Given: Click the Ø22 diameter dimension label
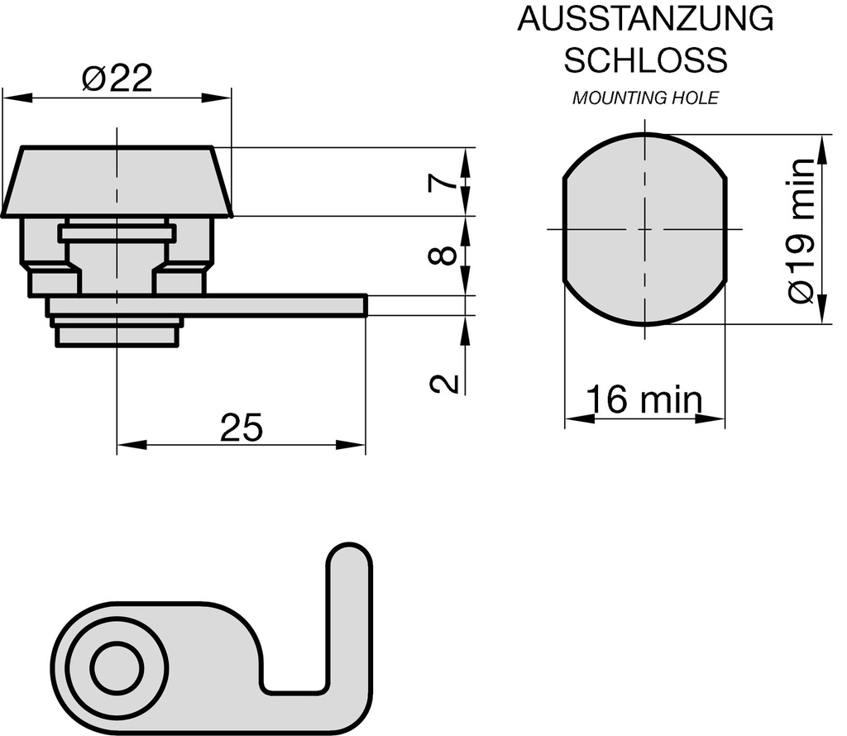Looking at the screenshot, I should tap(117, 79).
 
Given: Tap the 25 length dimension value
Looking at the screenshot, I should tap(241, 428).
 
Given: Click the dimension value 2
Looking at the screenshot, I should tap(444, 383).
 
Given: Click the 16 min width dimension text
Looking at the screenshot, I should tap(644, 400).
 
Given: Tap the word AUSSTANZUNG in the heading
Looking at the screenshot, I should tap(645, 19).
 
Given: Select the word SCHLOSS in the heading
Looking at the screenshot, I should tap(645, 60).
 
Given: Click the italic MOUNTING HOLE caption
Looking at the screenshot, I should tap(645, 98).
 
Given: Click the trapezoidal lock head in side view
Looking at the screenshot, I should tap(117, 183).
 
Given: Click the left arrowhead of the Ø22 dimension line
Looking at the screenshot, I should tap(15, 98).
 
